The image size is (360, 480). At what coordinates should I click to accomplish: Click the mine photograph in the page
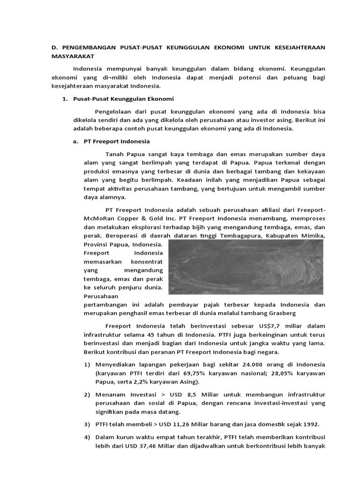(x=245, y=267)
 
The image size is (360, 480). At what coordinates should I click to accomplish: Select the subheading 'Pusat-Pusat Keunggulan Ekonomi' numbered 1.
(x=124, y=99)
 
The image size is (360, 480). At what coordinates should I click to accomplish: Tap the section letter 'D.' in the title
(x=53, y=48)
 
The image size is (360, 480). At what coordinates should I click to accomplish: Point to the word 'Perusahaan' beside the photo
(x=101, y=296)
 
